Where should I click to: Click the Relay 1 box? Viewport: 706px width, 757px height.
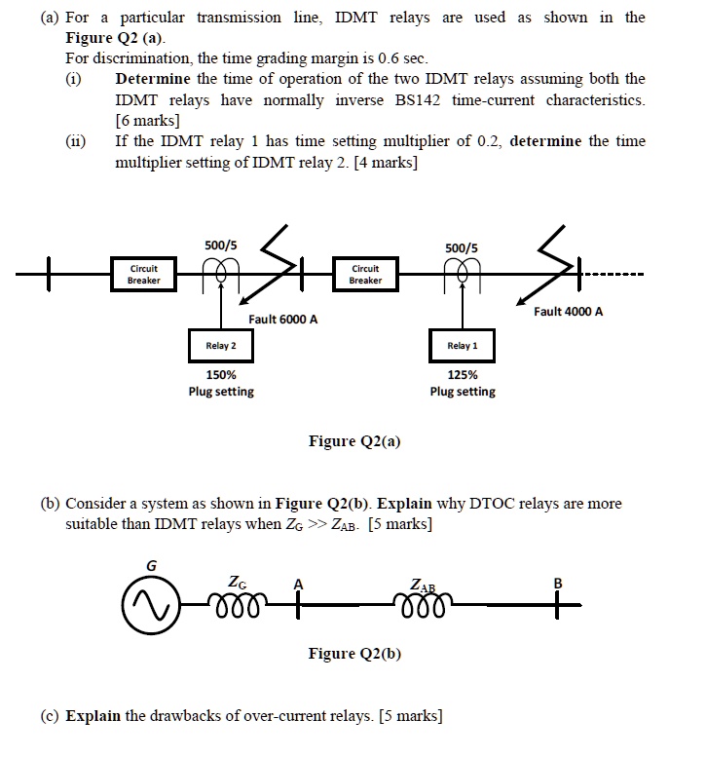point(463,346)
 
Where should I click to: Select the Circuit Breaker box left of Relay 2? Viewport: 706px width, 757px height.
point(137,275)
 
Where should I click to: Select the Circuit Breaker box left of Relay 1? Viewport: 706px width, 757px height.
point(365,275)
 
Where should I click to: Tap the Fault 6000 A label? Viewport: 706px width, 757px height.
point(282,319)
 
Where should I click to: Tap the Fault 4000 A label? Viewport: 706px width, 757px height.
point(568,312)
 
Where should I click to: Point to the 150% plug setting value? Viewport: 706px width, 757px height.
point(221,375)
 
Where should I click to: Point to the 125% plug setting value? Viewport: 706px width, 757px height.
point(463,375)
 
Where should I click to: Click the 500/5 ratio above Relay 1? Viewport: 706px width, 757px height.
point(462,247)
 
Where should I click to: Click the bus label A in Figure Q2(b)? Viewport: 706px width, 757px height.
point(299,583)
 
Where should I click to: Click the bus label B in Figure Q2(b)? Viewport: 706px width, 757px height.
point(559,584)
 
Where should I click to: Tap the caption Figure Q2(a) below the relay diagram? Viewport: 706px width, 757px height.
point(354,441)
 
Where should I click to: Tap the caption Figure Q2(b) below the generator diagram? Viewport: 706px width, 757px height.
point(354,653)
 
